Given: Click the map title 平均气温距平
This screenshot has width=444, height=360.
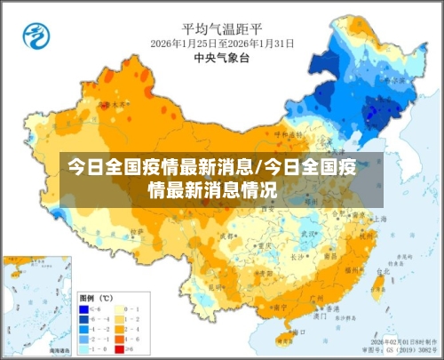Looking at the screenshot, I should pyautogui.click(x=221, y=28).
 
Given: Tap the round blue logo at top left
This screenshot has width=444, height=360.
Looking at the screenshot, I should pyautogui.click(x=36, y=36).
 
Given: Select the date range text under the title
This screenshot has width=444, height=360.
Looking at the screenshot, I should pyautogui.click(x=222, y=44).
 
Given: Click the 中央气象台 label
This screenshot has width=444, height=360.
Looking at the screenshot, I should pyautogui.click(x=221, y=58).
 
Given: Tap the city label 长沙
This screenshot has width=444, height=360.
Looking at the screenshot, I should pyautogui.click(x=299, y=255).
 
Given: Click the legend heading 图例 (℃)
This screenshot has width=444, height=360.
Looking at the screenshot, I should pyautogui.click(x=94, y=297).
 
